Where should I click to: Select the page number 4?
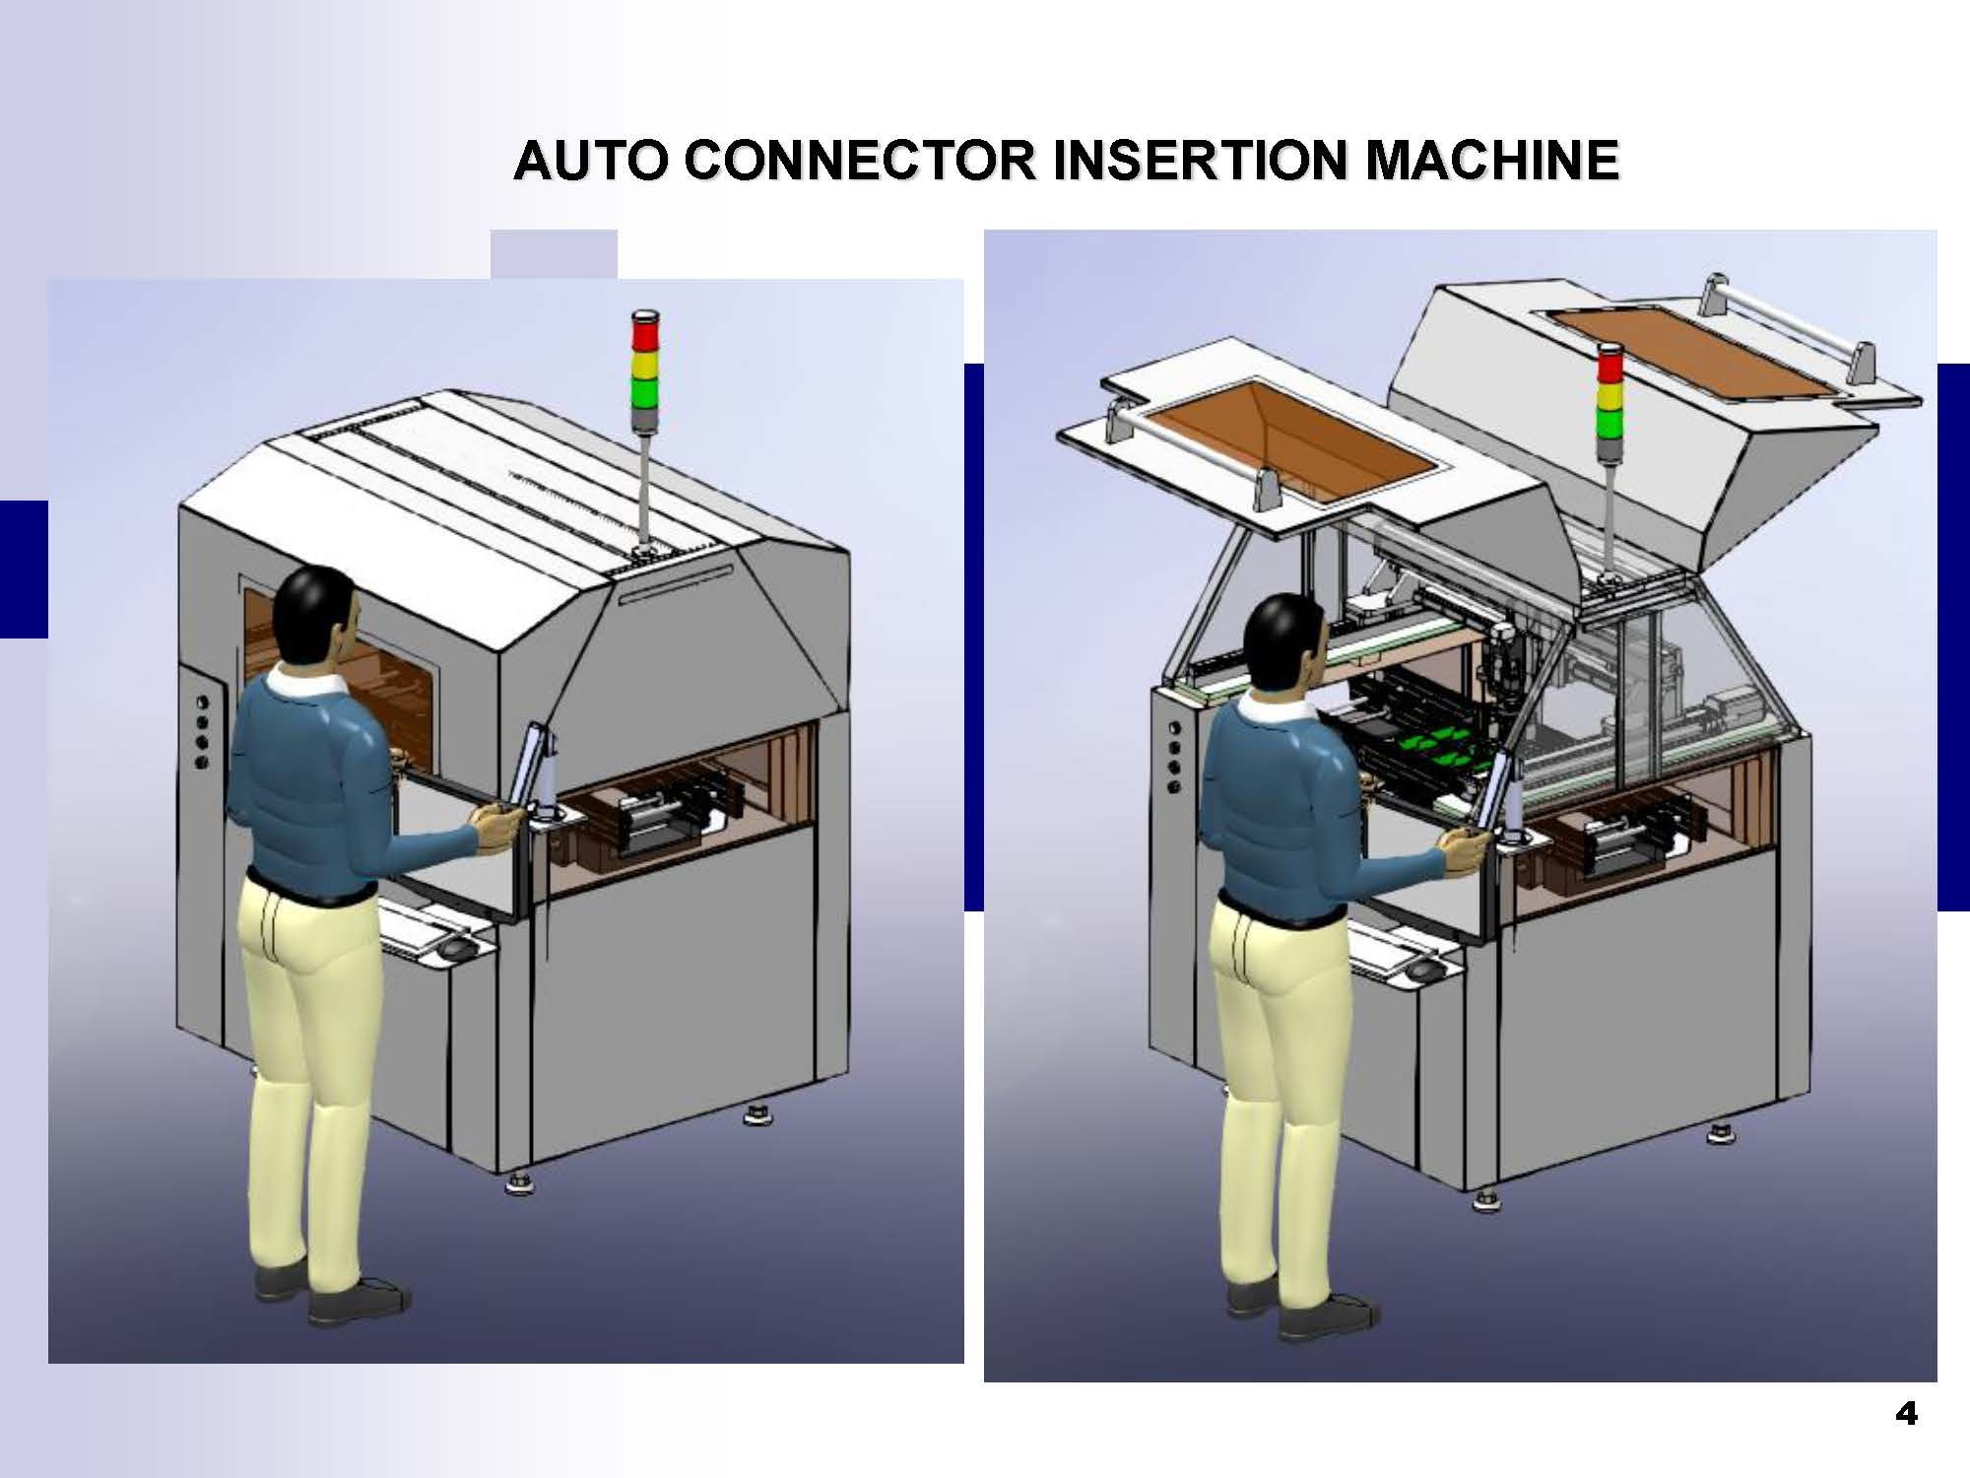pos(1906,1415)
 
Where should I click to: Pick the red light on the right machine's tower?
pos(1610,364)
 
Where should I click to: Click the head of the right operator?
pos(1284,640)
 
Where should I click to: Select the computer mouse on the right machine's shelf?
pos(1420,972)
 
